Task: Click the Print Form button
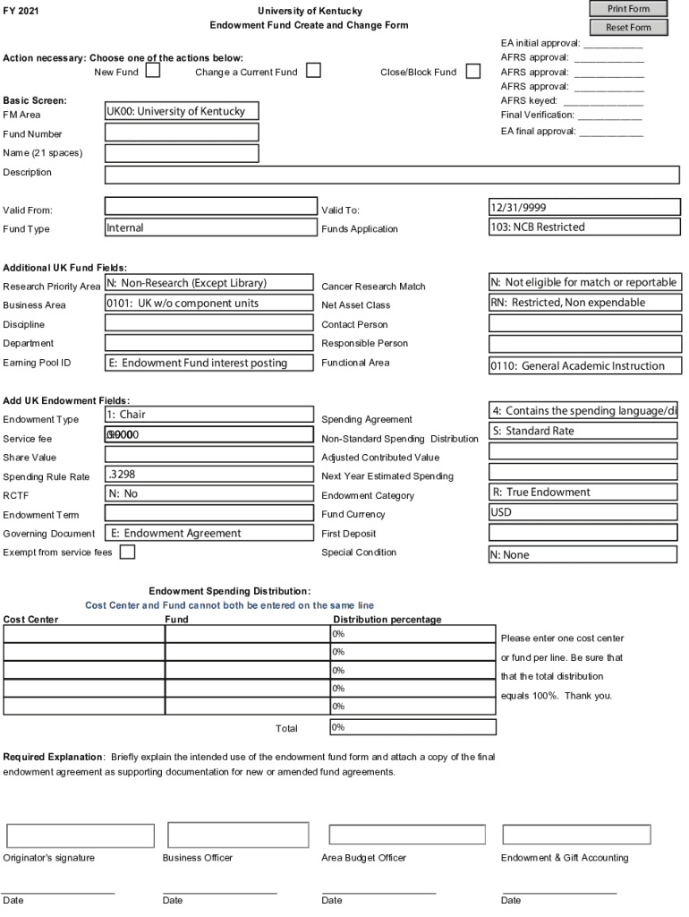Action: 628,9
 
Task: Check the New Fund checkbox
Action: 153,71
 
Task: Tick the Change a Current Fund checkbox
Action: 313,71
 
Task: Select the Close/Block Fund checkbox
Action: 472,71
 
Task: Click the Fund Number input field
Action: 182,133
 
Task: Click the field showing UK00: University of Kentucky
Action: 182,111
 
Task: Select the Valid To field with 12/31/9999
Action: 584,207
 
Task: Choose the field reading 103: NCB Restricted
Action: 584,227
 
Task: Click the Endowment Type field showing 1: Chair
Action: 208,415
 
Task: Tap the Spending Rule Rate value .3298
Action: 208,475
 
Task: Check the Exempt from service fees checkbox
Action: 127,553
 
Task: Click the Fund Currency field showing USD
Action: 583,513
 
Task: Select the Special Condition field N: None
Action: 583,554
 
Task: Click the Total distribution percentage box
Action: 413,727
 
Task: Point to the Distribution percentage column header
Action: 387,620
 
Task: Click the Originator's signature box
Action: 81,836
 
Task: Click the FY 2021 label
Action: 21,11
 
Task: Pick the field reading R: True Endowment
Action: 583,492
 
